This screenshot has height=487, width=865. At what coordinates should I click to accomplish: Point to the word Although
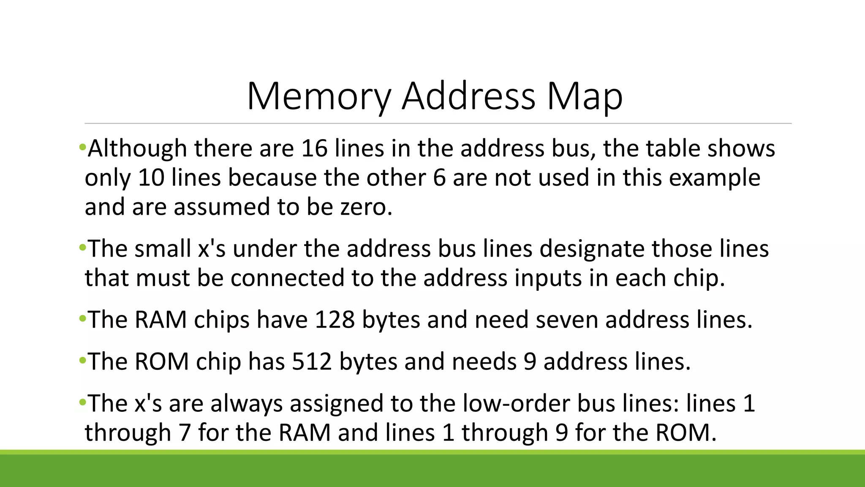[137, 148]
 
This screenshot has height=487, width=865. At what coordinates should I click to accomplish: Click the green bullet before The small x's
[82, 247]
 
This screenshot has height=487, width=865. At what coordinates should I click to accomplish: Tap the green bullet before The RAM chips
[82, 318]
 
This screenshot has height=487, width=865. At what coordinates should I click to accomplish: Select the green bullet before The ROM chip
[82, 360]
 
